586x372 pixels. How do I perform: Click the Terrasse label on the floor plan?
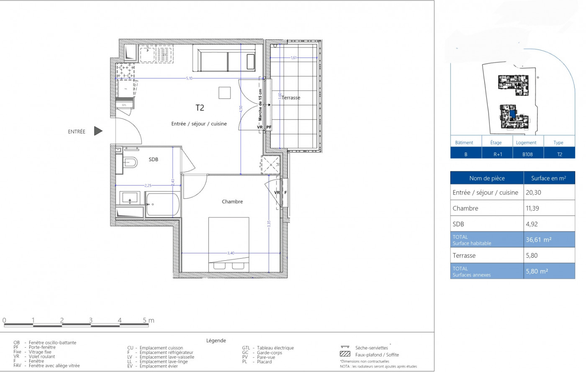tap(291, 98)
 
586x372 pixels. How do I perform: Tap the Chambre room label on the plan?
tap(232, 202)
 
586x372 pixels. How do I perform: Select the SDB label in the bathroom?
tap(153, 159)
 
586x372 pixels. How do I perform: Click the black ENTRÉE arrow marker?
tap(98, 131)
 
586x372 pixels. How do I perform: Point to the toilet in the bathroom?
tap(130, 162)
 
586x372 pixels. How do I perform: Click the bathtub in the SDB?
tap(163, 204)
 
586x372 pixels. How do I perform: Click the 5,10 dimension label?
tap(189, 78)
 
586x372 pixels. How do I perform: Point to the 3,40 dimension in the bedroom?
tap(231, 253)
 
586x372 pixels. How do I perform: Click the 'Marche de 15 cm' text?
tap(260, 105)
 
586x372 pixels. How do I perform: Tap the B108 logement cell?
tap(527, 154)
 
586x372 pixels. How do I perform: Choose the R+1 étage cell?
tap(497, 154)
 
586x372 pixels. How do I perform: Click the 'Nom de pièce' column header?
tap(487, 178)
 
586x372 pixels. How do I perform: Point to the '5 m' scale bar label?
tap(149, 321)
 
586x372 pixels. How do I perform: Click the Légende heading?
tap(216, 341)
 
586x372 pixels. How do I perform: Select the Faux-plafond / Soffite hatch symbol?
tap(345, 354)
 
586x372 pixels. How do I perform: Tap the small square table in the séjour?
tap(224, 93)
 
